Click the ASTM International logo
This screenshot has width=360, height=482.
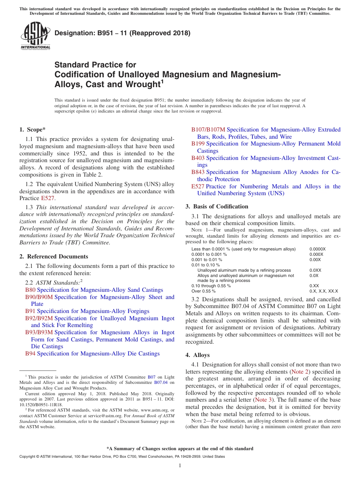[x=35, y=36]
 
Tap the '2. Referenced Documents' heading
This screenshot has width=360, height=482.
[x=53, y=257]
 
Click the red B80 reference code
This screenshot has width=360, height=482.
[x=30, y=290]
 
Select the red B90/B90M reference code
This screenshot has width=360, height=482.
[x=39, y=297]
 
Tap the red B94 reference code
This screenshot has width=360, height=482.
[x=30, y=354]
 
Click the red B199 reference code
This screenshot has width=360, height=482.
[x=198, y=144]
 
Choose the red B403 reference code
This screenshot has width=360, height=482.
[x=198, y=158]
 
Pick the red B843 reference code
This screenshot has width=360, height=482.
[x=198, y=172]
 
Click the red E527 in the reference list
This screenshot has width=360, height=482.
[x=198, y=186]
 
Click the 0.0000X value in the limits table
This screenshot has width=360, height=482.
[x=317, y=249]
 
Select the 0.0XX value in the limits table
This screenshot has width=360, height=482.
[x=315, y=270]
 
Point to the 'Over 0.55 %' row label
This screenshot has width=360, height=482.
[x=203, y=291]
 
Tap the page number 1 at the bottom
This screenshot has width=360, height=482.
[x=180, y=465]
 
